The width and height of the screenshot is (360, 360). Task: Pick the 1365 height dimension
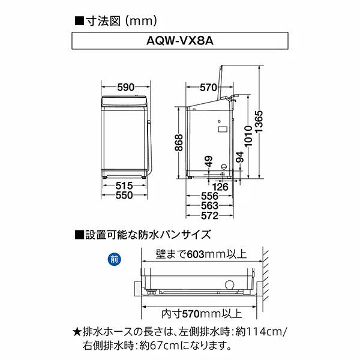click(x=258, y=122)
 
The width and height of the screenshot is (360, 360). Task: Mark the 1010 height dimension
click(x=245, y=134)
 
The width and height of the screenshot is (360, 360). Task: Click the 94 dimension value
click(x=240, y=157)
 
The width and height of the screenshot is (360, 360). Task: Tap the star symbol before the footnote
click(x=76, y=331)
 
